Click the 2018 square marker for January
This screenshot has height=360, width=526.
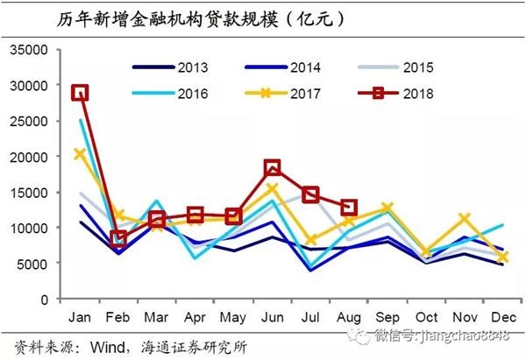pyautogui.click(x=80, y=93)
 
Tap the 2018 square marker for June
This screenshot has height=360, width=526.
pyautogui.click(x=272, y=167)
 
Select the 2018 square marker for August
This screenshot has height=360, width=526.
pyautogui.click(x=349, y=208)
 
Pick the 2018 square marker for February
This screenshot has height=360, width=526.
pyautogui.click(x=118, y=238)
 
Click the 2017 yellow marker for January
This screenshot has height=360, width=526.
pyautogui.click(x=80, y=154)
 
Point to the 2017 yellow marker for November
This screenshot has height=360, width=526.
pyautogui.click(x=465, y=219)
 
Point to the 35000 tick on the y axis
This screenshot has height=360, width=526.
pyautogui.click(x=30, y=51)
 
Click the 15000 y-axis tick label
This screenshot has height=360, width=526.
pyautogui.click(x=30, y=193)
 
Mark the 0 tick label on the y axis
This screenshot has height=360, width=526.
pyautogui.click(x=45, y=300)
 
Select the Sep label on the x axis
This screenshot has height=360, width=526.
pyautogui.click(x=387, y=315)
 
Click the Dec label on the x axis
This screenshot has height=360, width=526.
pyautogui.click(x=502, y=315)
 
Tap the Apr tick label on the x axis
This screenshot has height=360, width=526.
pyautogui.click(x=195, y=315)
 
